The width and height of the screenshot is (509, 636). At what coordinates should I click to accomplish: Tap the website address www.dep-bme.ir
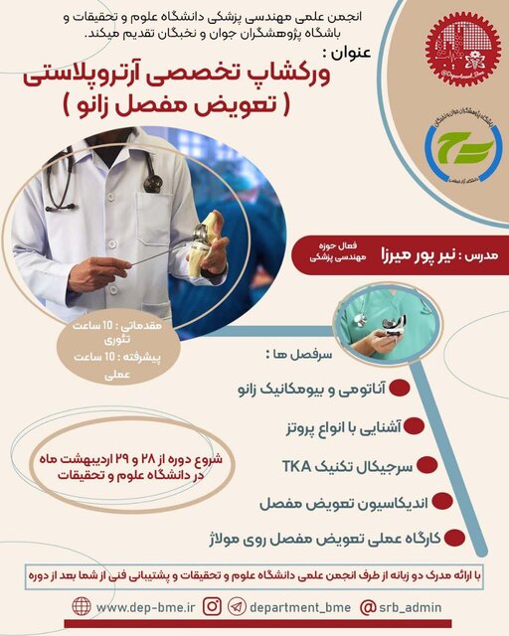135,605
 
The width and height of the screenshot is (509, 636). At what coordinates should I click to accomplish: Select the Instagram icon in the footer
213,605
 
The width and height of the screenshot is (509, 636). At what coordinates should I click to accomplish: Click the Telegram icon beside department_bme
237,605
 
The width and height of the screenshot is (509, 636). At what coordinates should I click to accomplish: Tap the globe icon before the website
82,605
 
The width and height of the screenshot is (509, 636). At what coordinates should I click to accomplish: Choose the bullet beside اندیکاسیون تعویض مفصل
443,503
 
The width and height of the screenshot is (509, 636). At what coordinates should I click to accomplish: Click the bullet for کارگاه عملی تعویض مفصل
455,538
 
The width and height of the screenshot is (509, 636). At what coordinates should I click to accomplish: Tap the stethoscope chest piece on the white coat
152,183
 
